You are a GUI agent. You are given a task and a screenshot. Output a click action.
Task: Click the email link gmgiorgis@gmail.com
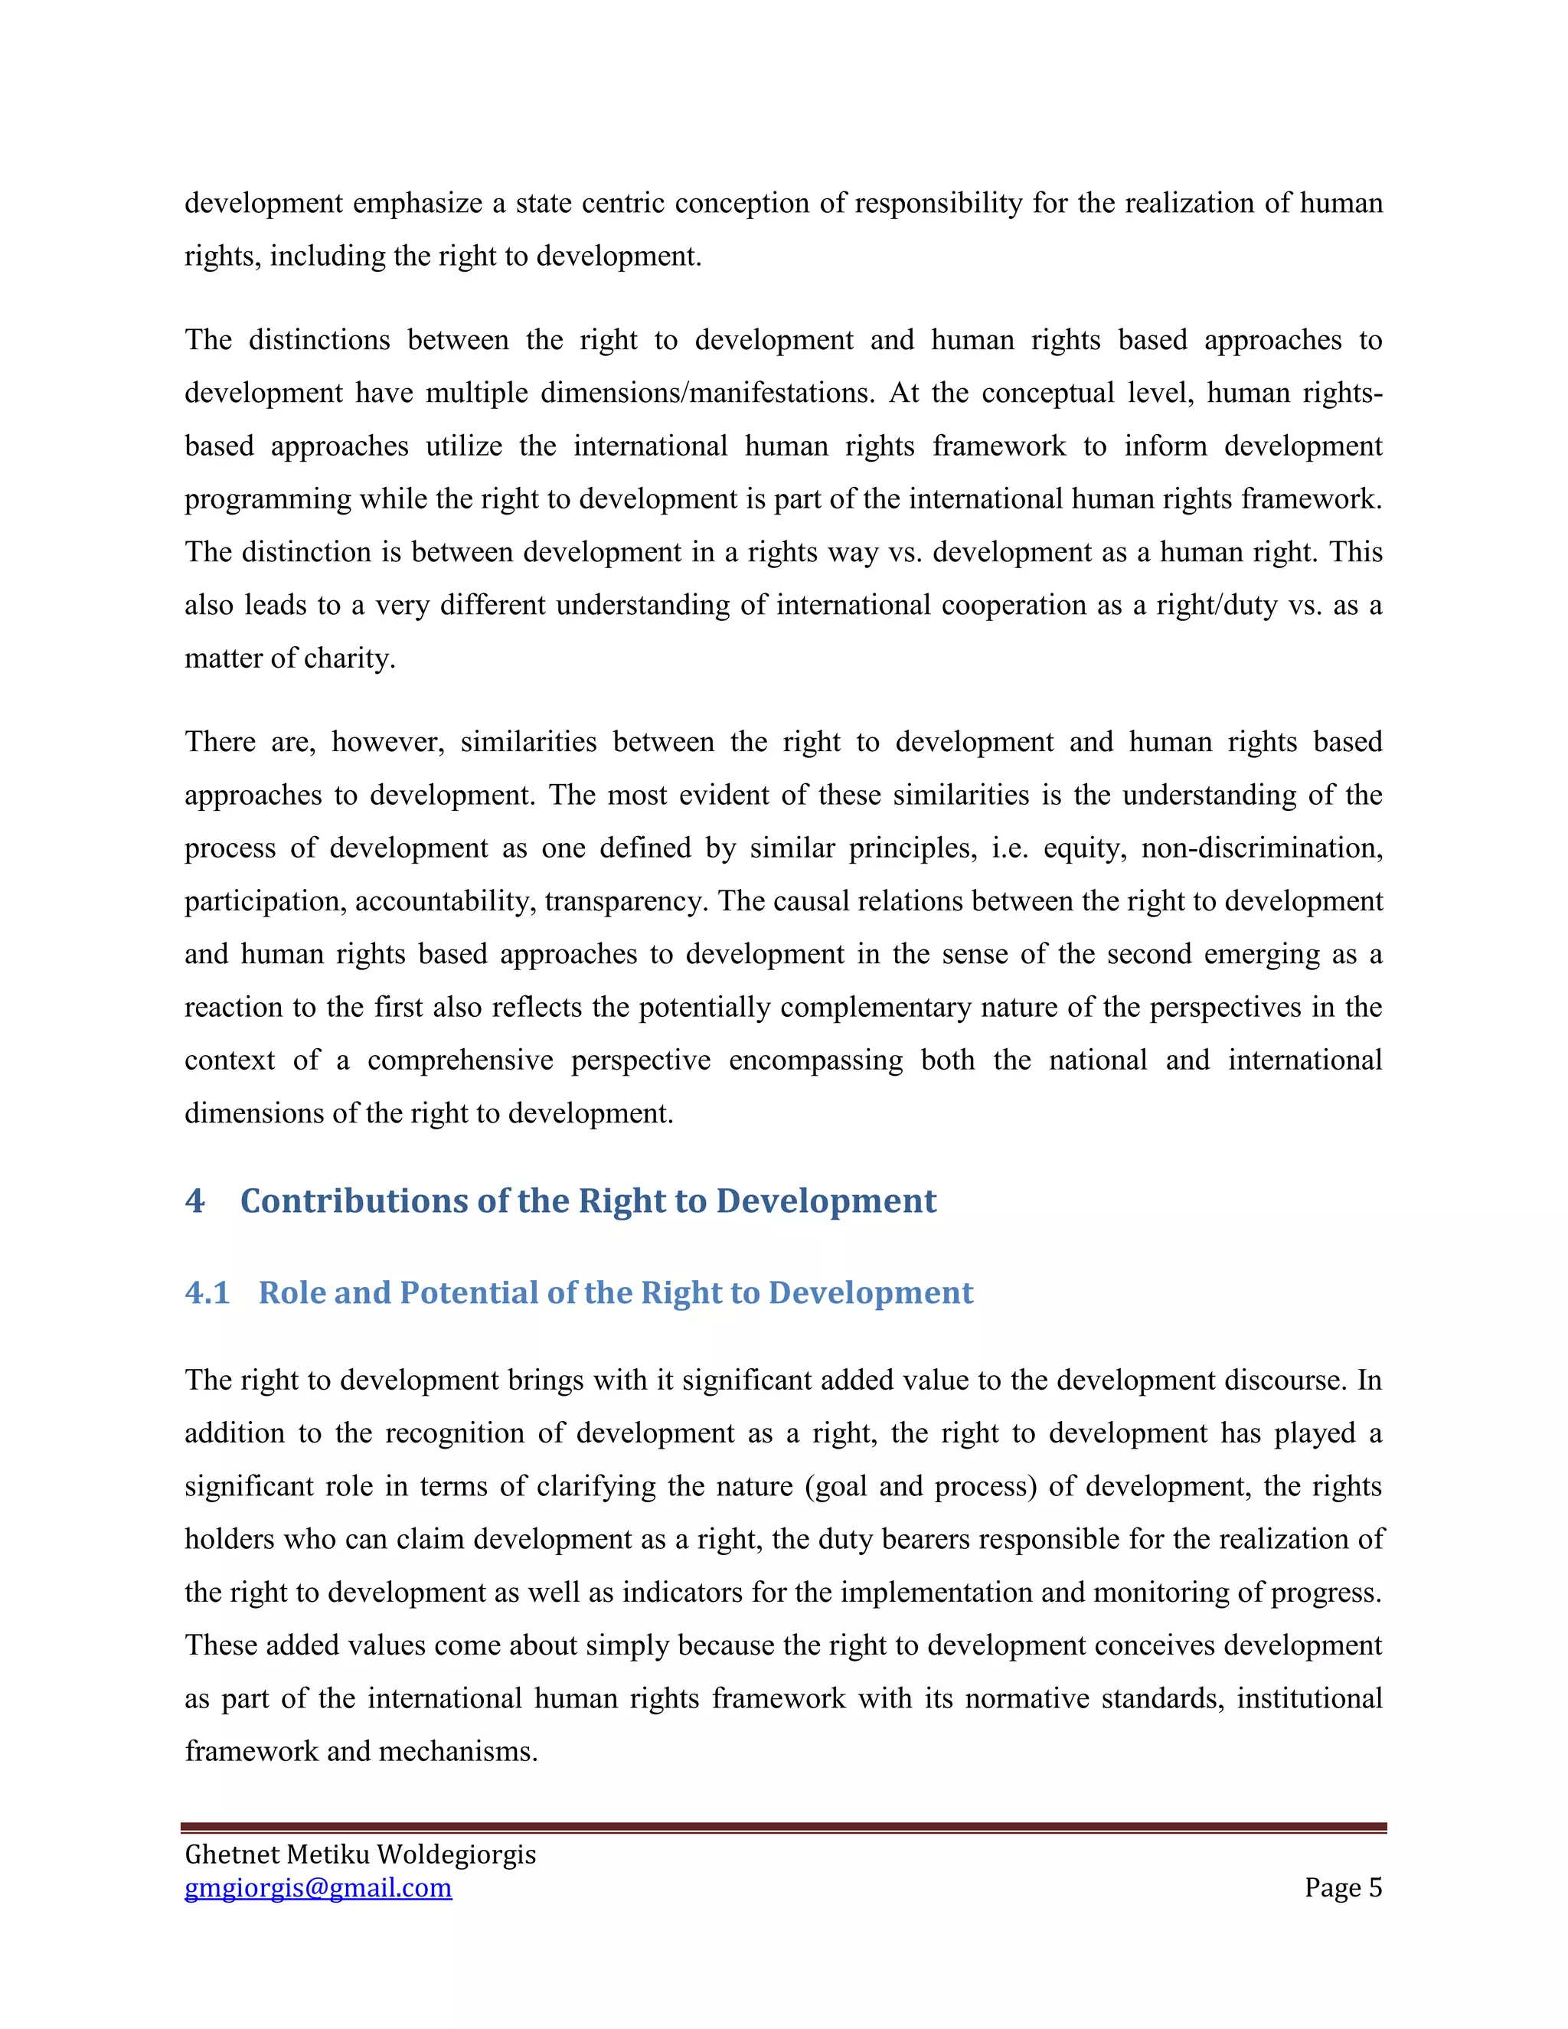318,1888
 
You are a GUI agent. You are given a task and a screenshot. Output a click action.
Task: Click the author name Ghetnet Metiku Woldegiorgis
361,1854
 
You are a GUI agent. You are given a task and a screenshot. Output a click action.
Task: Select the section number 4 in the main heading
194,1201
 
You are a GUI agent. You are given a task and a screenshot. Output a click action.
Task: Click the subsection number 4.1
207,1293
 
